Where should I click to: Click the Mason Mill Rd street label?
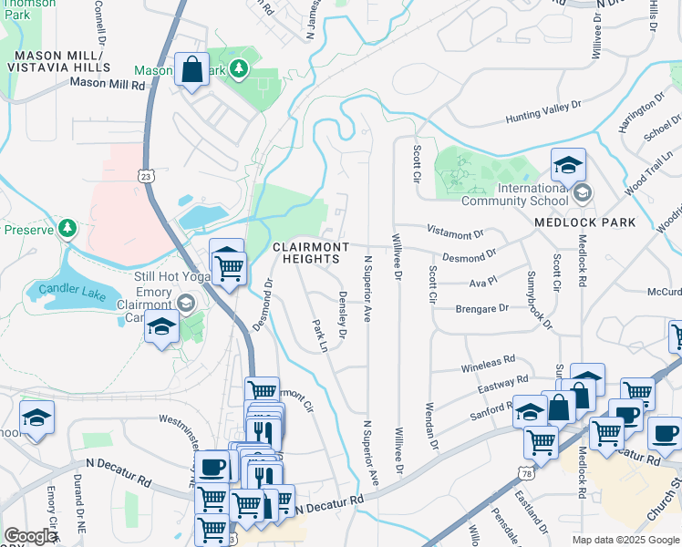[108, 84]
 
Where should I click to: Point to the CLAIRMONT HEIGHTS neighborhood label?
[309, 253]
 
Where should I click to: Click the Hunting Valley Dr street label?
[543, 113]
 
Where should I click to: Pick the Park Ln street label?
[319, 335]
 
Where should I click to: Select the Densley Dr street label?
[343, 316]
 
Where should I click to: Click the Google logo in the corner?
[31, 536]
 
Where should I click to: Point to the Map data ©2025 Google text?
[624, 540]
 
